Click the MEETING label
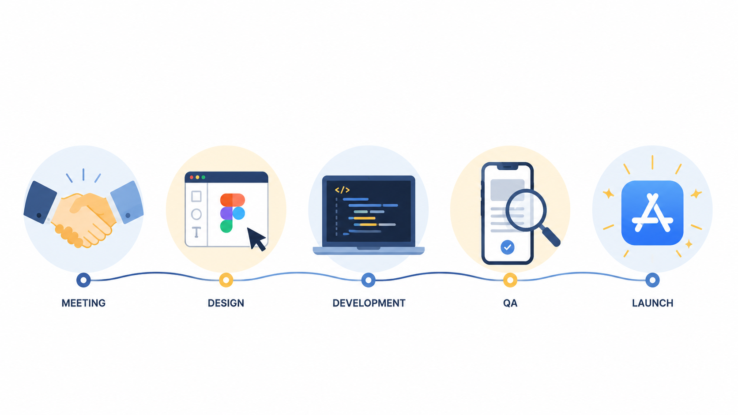pyautogui.click(x=83, y=303)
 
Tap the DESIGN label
pyautogui.click(x=226, y=303)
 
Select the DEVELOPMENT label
pyautogui.click(x=369, y=303)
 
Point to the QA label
pyautogui.click(x=510, y=303)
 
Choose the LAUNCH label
pyautogui.click(x=652, y=303)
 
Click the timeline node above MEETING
pyautogui.click(x=83, y=280)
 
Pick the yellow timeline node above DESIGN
pyautogui.click(x=226, y=280)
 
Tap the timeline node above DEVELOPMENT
pyautogui.click(x=369, y=280)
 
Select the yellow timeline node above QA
pyautogui.click(x=510, y=280)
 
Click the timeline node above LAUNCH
pyautogui.click(x=652, y=280)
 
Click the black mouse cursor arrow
pyautogui.click(x=255, y=238)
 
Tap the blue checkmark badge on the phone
pyautogui.click(x=508, y=247)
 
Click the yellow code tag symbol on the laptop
pyautogui.click(x=342, y=190)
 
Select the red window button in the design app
pyautogui.click(x=192, y=177)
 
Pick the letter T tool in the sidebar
pyautogui.click(x=196, y=232)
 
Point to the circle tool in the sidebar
pyautogui.click(x=196, y=214)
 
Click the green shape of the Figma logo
pyautogui.click(x=226, y=226)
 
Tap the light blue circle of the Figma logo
pyautogui.click(x=239, y=213)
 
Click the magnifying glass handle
pyautogui.click(x=551, y=237)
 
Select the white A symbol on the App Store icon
pyautogui.click(x=652, y=213)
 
